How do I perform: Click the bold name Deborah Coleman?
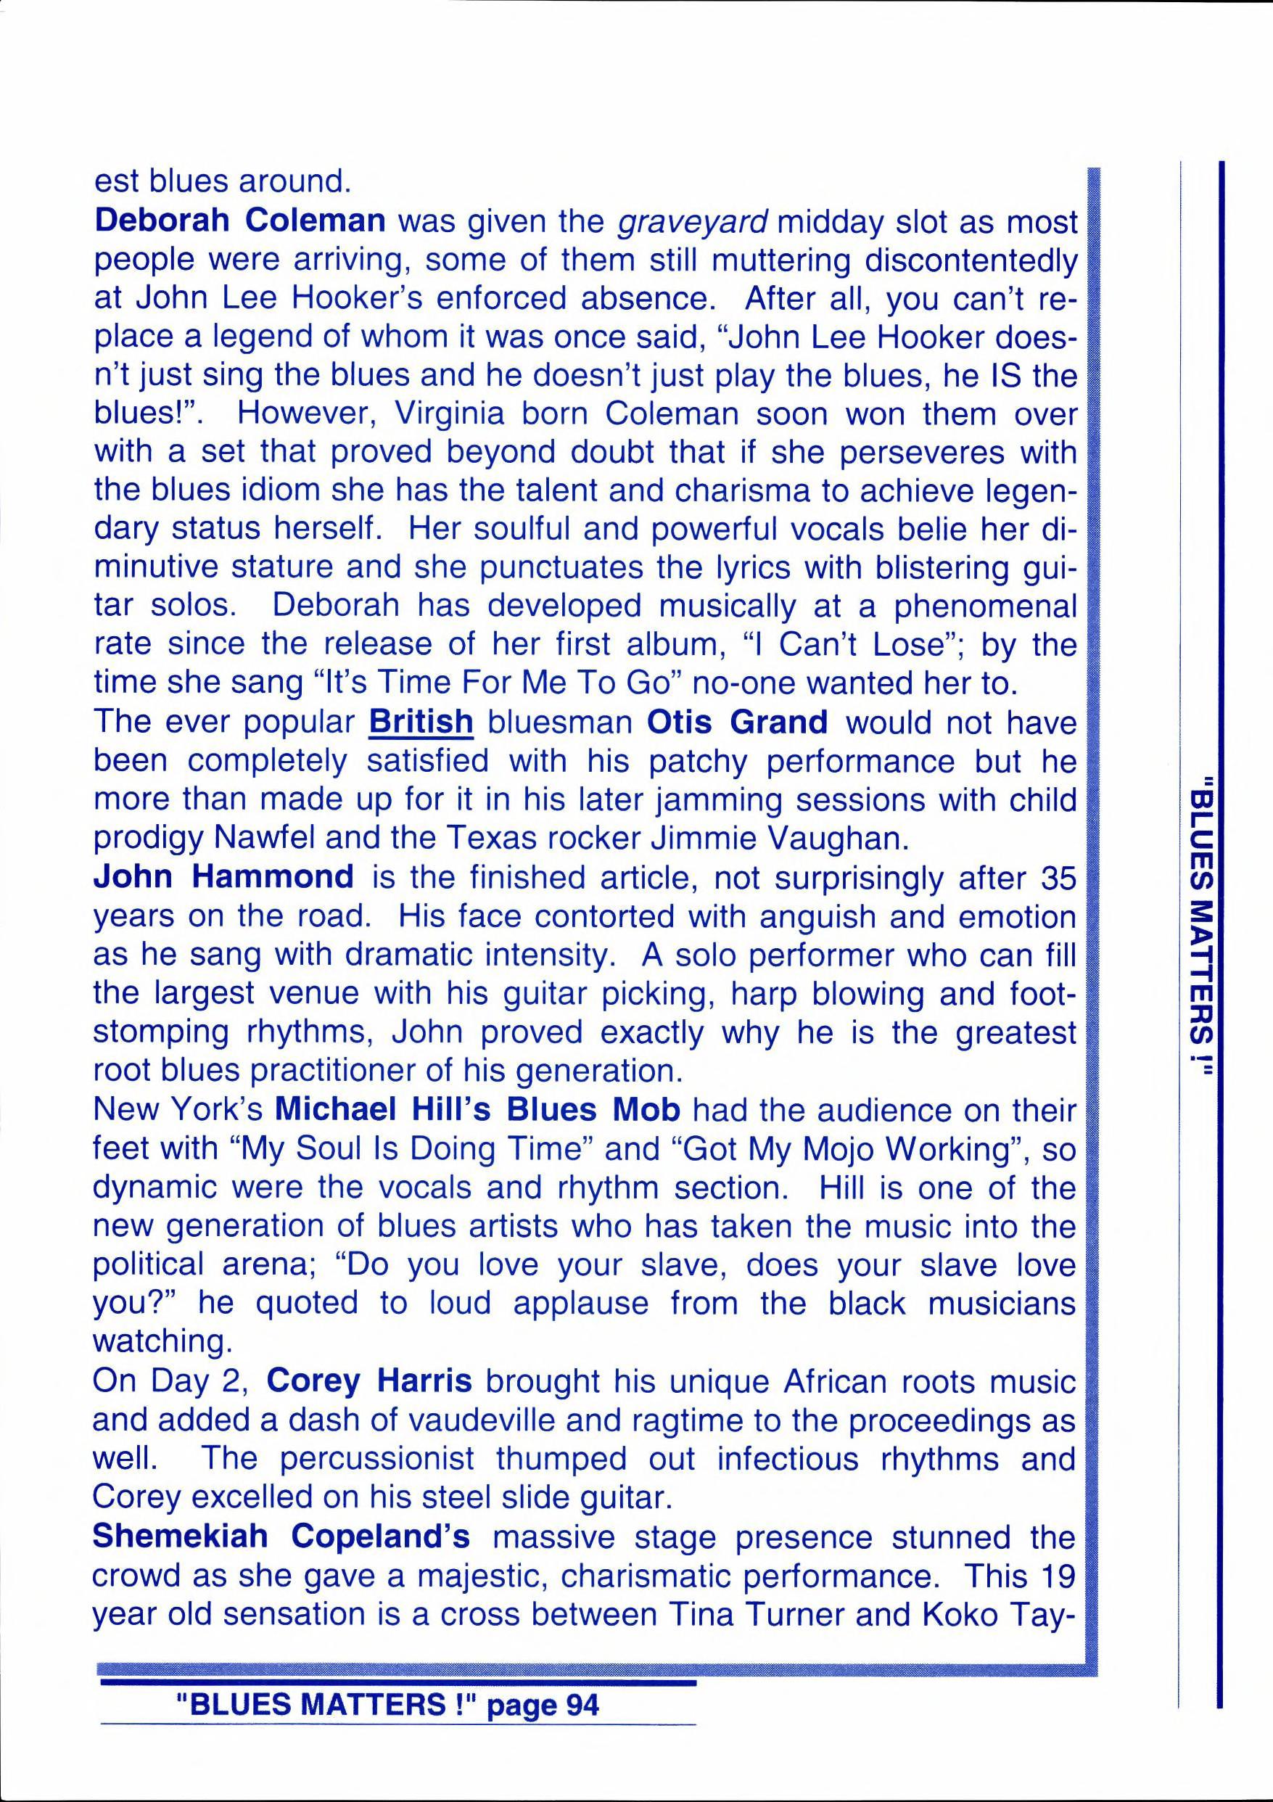(x=239, y=221)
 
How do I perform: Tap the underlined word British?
(x=421, y=722)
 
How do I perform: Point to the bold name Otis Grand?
(x=737, y=722)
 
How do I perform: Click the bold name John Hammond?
(x=223, y=876)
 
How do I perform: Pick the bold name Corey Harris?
(x=369, y=1381)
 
